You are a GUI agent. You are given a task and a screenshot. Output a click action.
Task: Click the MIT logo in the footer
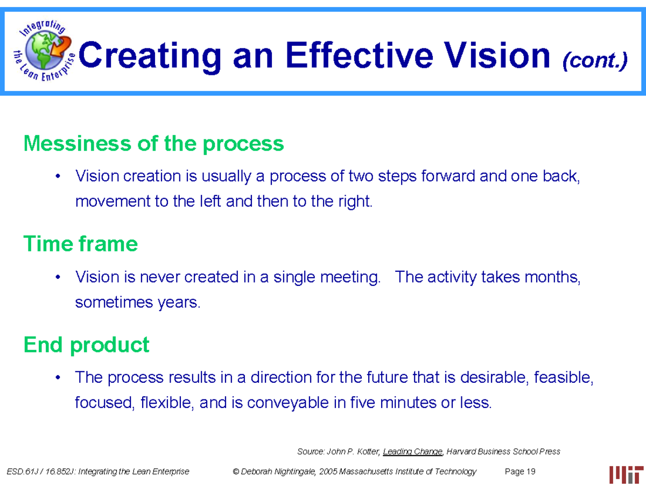(626, 474)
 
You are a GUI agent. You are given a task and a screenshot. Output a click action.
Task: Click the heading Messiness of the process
(153, 144)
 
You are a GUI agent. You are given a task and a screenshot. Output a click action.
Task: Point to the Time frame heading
(81, 244)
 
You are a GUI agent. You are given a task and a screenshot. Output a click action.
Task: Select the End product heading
(87, 345)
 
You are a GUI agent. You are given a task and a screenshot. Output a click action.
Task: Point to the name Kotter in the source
(366, 452)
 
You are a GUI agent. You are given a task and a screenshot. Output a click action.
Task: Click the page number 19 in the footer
(531, 472)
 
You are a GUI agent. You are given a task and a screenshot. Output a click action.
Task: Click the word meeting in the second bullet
(349, 278)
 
